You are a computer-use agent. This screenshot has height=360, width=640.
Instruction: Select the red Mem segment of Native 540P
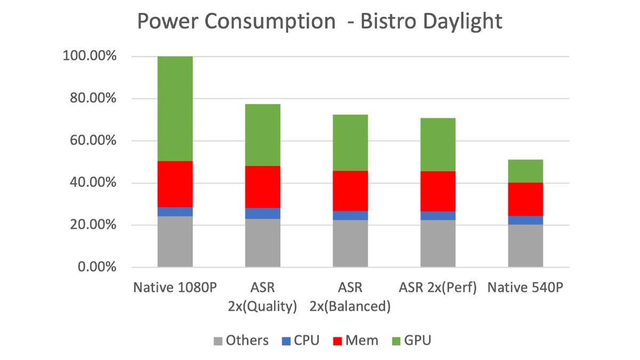tap(525, 199)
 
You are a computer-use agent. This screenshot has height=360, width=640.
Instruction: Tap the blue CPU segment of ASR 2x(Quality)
tap(262, 213)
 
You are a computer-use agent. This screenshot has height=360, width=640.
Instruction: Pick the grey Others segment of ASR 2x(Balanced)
tap(350, 243)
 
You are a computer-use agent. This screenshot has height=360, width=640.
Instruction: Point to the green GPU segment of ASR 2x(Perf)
tap(438, 145)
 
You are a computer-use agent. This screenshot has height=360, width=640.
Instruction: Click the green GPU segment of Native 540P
tap(525, 171)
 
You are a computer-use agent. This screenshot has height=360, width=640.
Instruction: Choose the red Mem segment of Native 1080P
tap(175, 184)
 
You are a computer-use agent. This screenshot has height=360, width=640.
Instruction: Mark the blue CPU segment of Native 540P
tap(525, 220)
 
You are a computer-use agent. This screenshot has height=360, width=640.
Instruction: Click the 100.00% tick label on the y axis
tap(90, 56)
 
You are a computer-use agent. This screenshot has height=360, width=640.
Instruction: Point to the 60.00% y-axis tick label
tap(93, 141)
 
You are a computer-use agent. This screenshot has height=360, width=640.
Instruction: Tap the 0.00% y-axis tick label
tap(97, 267)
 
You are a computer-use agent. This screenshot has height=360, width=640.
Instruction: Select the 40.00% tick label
tap(93, 183)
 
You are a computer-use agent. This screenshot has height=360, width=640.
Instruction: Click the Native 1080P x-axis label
tap(175, 288)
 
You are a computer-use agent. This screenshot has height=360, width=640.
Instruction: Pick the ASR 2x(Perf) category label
tap(438, 288)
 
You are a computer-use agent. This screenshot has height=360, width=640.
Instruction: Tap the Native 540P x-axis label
tap(526, 288)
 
